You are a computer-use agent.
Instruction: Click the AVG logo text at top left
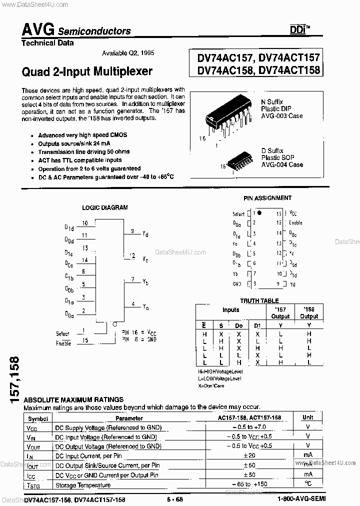pos(38,29)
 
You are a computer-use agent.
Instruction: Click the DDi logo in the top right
pos(299,30)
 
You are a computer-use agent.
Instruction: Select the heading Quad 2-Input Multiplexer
pos(87,71)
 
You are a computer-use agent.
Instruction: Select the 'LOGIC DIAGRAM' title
pos(104,207)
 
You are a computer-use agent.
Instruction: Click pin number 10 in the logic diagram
pos(85,223)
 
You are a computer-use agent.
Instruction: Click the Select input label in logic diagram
pos(62,333)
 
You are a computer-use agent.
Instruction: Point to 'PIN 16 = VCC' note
pos(139,331)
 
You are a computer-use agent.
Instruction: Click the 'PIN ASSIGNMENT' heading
pos(267,198)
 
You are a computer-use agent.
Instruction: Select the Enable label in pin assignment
pos(295,222)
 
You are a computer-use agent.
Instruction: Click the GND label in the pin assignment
pos(237,284)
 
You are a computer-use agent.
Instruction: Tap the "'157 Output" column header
pos(280,312)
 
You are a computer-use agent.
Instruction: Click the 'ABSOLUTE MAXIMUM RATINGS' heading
pos(73,399)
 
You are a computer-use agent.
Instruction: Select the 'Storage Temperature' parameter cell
pos(82,485)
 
